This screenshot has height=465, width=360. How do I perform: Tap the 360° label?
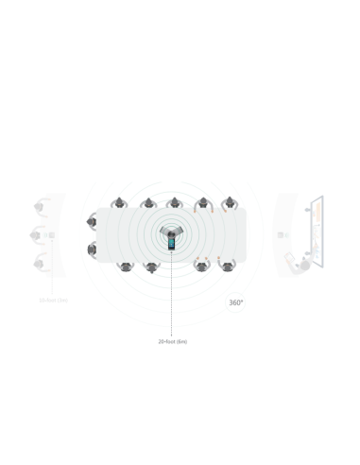point(236,303)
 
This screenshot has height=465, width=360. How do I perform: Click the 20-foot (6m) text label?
point(172,341)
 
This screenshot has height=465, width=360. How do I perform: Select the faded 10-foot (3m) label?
point(53,301)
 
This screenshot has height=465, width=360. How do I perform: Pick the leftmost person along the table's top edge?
point(119,204)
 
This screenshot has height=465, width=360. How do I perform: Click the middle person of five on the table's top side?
point(174,204)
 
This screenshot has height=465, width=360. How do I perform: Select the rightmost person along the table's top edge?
point(228,204)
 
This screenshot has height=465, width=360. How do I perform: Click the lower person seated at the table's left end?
point(92,251)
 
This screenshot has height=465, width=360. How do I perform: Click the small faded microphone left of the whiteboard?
point(281,235)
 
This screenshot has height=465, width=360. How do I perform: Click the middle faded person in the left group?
point(37,234)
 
